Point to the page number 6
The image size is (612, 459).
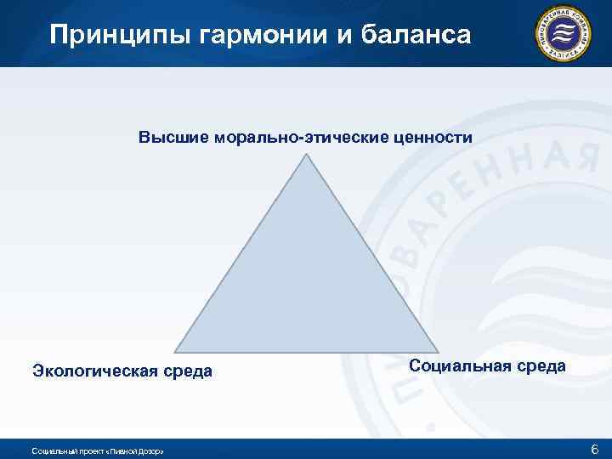pos(594,448)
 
